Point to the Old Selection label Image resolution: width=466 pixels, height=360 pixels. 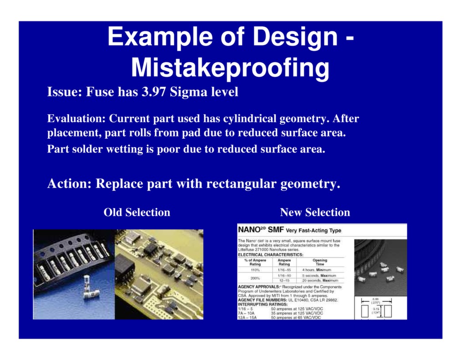tap(137, 213)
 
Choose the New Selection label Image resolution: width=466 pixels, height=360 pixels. tap(315, 213)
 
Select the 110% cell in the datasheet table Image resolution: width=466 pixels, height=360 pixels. tap(255, 270)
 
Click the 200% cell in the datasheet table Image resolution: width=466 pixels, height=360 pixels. tap(255, 278)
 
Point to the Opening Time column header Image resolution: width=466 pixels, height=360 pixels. tap(319, 263)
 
